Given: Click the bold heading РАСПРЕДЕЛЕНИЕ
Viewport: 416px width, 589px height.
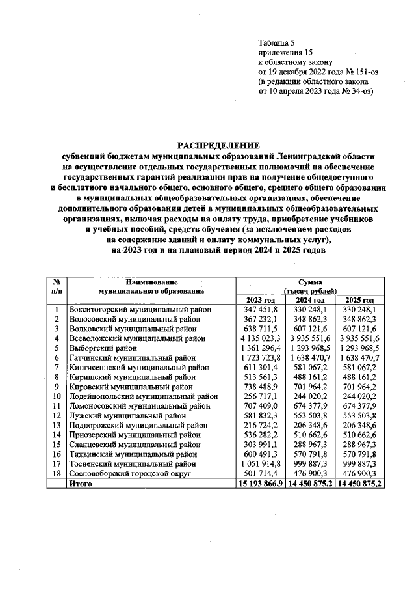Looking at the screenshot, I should (x=218, y=145).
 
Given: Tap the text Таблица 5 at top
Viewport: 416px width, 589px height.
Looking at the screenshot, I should (x=277, y=40).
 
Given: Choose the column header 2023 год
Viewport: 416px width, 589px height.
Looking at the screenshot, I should (x=260, y=299).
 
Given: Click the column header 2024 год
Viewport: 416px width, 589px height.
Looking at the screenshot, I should (x=309, y=299).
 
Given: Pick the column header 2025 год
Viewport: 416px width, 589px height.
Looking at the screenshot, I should (x=359, y=299).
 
